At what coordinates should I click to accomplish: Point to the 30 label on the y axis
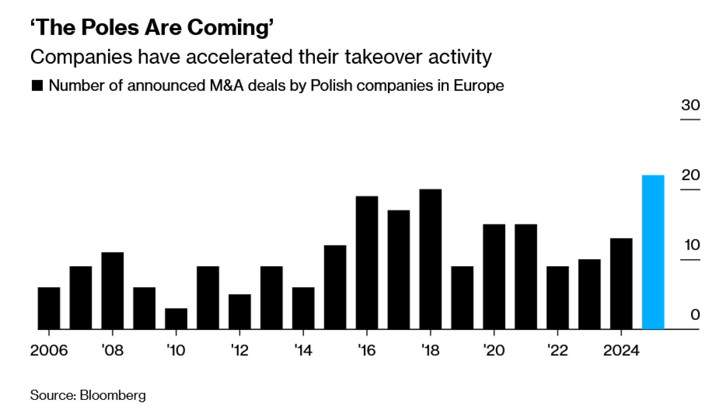coord(690,105)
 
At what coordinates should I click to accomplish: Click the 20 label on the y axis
coord(690,175)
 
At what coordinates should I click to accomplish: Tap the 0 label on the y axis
coord(695,315)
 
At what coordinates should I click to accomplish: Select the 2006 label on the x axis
coord(49,350)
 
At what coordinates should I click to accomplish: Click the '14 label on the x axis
coord(303,350)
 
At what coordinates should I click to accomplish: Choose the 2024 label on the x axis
coord(621,350)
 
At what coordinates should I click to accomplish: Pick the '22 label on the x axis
coord(557,350)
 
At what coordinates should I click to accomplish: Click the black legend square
coord(37,86)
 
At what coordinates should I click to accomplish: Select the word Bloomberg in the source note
coord(113,395)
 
